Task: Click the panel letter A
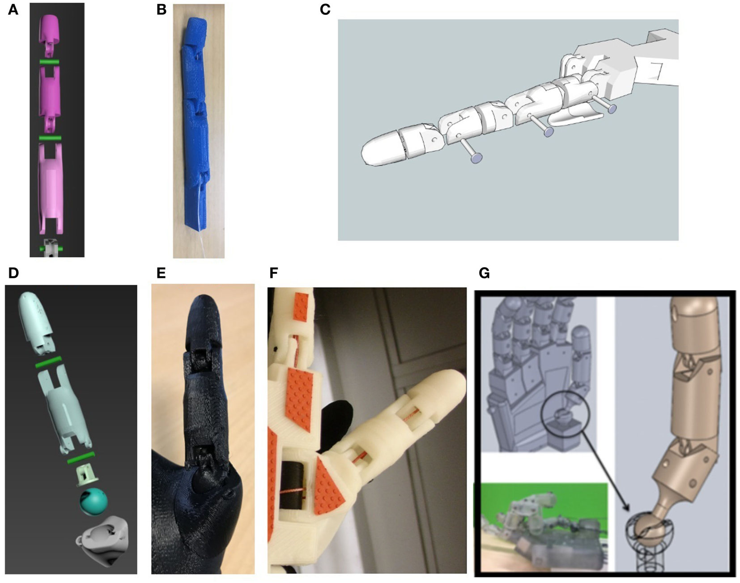click(x=13, y=9)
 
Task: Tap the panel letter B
click(x=162, y=9)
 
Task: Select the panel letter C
click(x=325, y=9)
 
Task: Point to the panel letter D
click(x=13, y=272)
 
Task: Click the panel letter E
click(x=161, y=272)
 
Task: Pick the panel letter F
click(x=274, y=272)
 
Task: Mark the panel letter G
click(x=484, y=272)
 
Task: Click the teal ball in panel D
click(x=94, y=502)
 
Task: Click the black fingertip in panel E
click(x=208, y=321)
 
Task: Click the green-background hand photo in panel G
click(x=544, y=527)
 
